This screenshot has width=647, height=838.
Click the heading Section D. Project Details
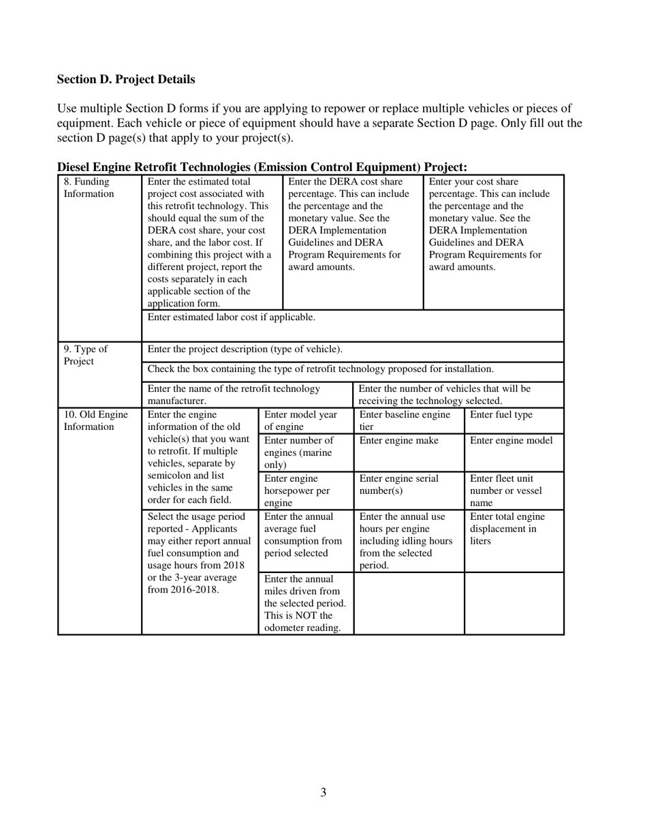click(126, 80)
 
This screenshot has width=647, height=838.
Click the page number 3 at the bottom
click(323, 792)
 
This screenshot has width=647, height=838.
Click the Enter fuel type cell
click(514, 418)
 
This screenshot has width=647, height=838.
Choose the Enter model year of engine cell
click(306, 420)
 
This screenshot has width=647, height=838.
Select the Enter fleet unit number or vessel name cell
click(514, 490)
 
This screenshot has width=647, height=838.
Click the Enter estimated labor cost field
click(352, 325)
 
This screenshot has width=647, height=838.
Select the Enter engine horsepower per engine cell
click(306, 490)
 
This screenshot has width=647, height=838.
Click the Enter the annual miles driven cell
click(306, 603)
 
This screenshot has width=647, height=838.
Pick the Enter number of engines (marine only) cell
click(306, 452)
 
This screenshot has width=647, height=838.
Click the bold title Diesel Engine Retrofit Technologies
click(262, 167)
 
